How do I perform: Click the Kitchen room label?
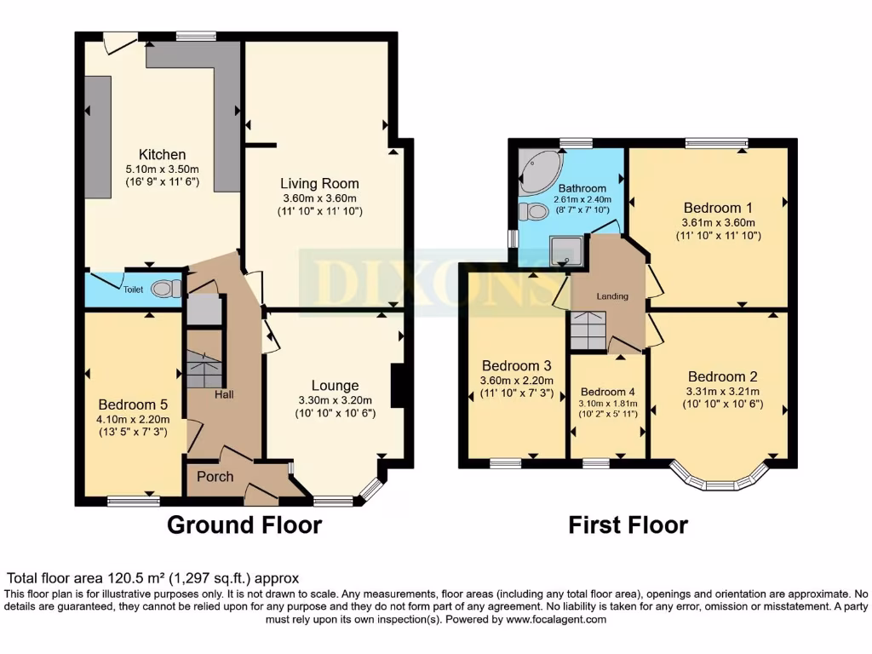click(x=162, y=155)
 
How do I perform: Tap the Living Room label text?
click(x=320, y=183)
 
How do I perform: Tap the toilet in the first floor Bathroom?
click(x=536, y=211)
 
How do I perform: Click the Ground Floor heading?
click(x=244, y=525)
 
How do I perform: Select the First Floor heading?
click(x=628, y=525)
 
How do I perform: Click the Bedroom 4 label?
click(x=608, y=392)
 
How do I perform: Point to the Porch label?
click(x=215, y=477)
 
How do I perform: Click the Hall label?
click(x=224, y=394)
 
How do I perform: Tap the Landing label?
click(x=612, y=296)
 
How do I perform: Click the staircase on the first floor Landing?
click(x=587, y=330)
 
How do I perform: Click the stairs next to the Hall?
click(x=204, y=370)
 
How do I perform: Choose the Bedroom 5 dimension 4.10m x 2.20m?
click(x=134, y=419)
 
